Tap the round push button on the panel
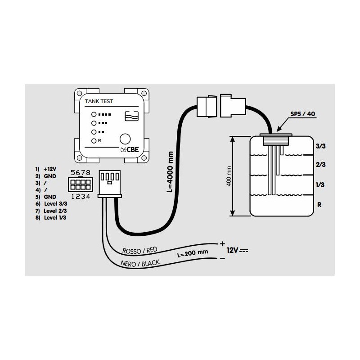click(x=126, y=139)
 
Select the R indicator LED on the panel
click(x=94, y=141)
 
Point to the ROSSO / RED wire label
click(x=140, y=250)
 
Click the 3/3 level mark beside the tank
click(x=321, y=147)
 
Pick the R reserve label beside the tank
click(x=319, y=204)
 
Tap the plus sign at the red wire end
click(x=222, y=243)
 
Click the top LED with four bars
click(x=94, y=114)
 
